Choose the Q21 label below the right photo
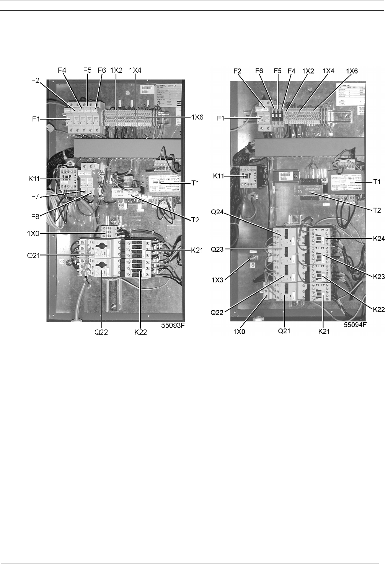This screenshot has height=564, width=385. pyautogui.click(x=283, y=331)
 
